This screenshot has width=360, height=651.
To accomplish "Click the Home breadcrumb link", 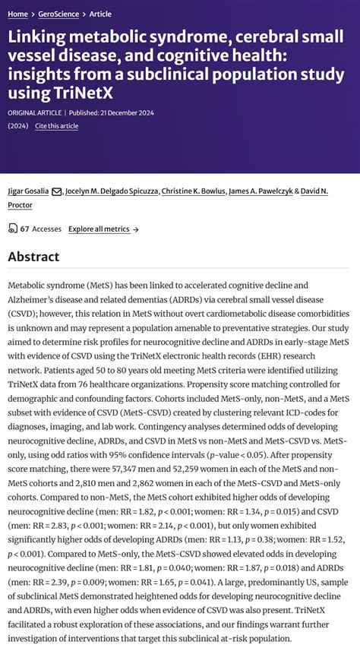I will [x=18, y=14].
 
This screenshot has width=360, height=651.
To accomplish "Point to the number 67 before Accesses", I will [x=24, y=229].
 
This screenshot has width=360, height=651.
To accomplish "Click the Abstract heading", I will [x=34, y=257].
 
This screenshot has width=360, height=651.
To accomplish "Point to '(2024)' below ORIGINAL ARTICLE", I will [x=18, y=125].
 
